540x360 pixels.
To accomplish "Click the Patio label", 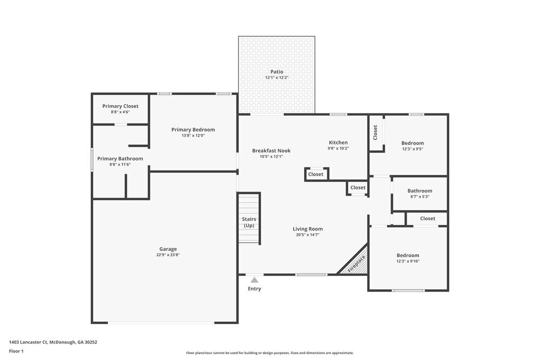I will (276, 72).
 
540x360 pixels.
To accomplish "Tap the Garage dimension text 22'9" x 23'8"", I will (168, 255).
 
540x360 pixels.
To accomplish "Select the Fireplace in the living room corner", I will (356, 263).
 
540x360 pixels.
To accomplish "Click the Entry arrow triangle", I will (254, 280).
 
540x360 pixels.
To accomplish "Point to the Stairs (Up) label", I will (249, 222).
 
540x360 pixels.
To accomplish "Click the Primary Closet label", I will (120, 106).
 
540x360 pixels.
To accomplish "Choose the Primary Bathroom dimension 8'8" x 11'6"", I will (120, 165).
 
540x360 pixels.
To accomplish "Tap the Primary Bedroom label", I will (193, 130).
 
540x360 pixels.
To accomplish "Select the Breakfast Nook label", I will (271, 151).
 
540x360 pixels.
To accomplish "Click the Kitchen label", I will (338, 142).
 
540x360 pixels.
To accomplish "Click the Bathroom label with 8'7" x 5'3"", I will (420, 191).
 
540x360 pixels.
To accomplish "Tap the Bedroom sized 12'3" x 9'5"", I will (413, 143).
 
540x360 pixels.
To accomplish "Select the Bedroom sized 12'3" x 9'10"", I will (408, 255).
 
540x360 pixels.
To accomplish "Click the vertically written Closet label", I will (375, 133).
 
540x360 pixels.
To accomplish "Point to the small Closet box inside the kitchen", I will (316, 174).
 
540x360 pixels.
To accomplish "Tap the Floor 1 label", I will (16, 351).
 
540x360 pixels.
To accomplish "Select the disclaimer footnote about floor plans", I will (269, 353).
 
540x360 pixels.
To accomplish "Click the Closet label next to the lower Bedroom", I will (427, 219).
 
